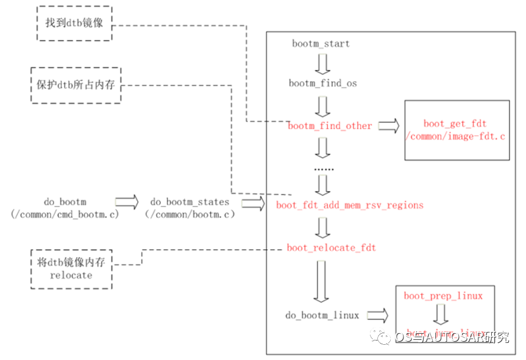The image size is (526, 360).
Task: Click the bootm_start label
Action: [321, 44]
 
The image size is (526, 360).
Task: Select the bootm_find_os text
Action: [322, 83]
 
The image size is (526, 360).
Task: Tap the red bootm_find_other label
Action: [330, 126]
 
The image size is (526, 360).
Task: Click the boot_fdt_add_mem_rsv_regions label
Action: [349, 205]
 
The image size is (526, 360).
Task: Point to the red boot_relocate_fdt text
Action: [331, 248]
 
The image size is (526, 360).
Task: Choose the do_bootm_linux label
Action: [322, 316]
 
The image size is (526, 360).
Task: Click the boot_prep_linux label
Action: [443, 296]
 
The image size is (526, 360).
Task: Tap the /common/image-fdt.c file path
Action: [456, 136]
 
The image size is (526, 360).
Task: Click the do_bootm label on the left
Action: [65, 202]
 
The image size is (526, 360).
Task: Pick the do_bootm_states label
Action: [190, 202]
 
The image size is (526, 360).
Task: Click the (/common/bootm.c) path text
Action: [190, 214]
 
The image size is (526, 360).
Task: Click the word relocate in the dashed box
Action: [72, 275]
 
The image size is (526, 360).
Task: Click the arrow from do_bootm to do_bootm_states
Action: [127, 202]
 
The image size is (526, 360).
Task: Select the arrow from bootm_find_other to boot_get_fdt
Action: [388, 126]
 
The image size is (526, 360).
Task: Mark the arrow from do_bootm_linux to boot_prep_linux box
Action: [377, 316]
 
